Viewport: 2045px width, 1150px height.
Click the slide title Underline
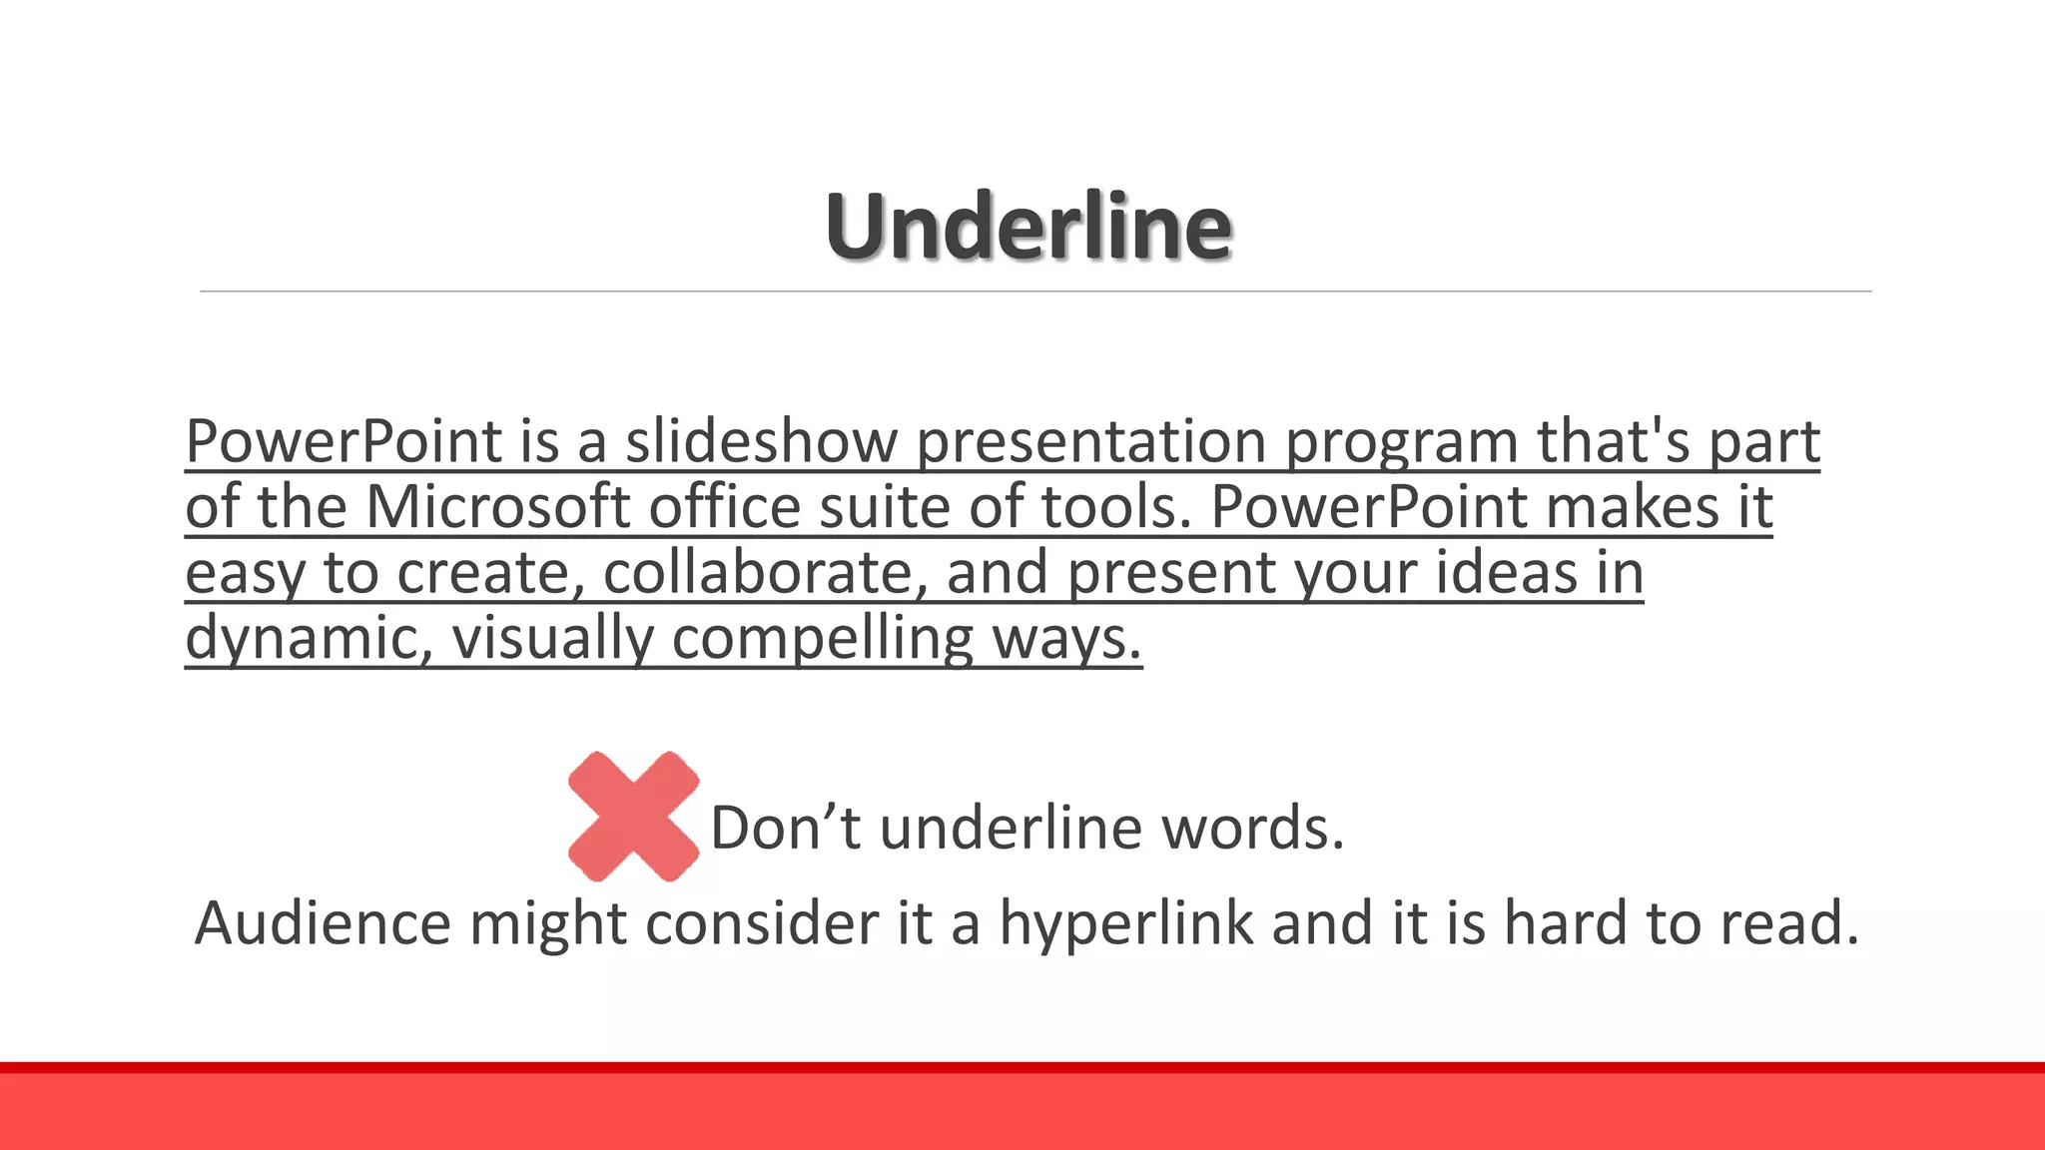pos(1028,227)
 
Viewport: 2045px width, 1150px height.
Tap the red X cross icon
pos(633,817)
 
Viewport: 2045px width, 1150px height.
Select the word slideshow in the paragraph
pos(762,441)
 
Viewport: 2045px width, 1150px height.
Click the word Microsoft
pos(497,507)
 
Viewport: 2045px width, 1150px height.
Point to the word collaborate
pos(757,573)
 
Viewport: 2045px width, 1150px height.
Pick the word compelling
pos(822,639)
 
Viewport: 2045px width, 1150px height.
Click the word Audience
pos(323,922)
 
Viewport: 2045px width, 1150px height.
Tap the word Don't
pos(785,828)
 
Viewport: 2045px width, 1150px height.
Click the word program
pos(1401,441)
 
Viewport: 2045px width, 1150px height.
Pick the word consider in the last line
pos(762,922)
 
